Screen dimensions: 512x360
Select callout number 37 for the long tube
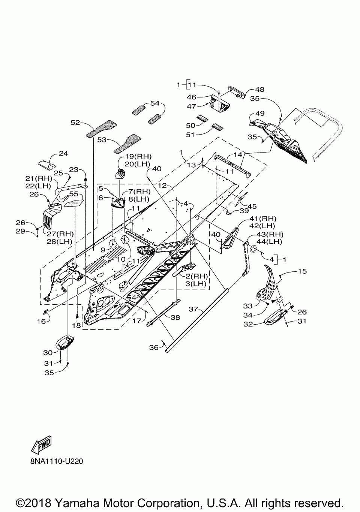[193, 309]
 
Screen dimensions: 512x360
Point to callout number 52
[76, 123]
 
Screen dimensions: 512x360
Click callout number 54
[154, 103]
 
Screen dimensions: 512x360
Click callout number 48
[259, 90]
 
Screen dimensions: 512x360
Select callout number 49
[260, 113]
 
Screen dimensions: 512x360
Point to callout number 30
[48, 352]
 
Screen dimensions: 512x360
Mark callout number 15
[302, 271]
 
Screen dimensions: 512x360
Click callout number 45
[252, 206]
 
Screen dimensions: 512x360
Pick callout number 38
[175, 317]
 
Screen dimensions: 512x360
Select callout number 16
[41, 321]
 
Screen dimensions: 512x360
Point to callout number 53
[102, 140]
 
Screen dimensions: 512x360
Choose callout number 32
[248, 324]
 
